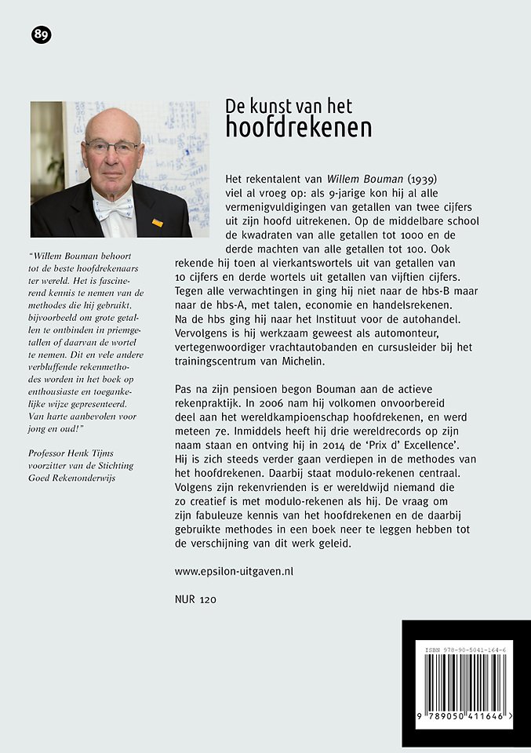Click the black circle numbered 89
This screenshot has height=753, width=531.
[x=41, y=35]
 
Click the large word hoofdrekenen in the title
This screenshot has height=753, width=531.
[x=298, y=128]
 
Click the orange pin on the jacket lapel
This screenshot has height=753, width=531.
[x=158, y=223]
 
